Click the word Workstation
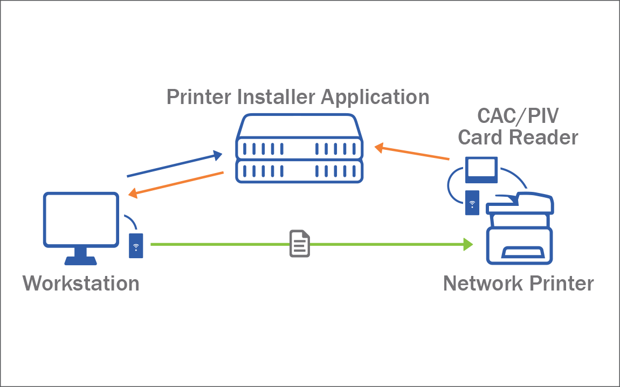pyautogui.click(x=81, y=283)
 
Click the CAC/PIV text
pyautogui.click(x=518, y=115)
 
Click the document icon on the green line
pyautogui.click(x=300, y=244)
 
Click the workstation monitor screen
pyautogui.click(x=81, y=219)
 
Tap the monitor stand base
pyautogui.click(x=81, y=260)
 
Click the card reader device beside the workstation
pyautogui.click(x=136, y=245)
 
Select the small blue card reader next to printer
pyautogui.click(x=472, y=203)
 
